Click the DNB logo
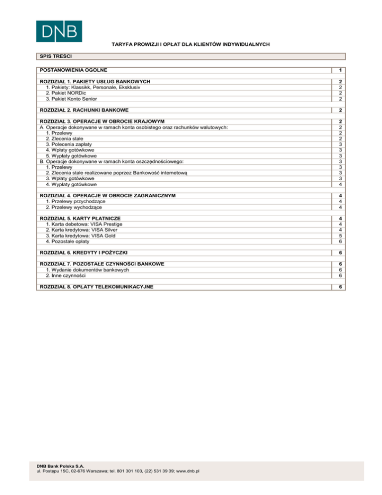point(59,31)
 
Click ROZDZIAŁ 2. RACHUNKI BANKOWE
point(88,110)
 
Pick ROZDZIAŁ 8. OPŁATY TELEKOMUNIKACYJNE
point(96,286)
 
